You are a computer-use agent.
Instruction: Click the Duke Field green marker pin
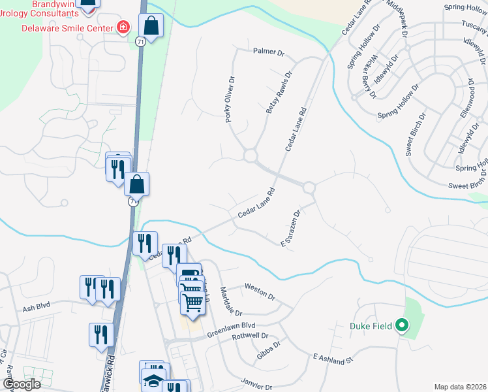click(x=403, y=323)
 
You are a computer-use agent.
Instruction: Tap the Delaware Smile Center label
click(x=67, y=27)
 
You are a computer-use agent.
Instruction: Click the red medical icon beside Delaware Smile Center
click(x=122, y=27)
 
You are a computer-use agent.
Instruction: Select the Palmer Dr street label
click(x=269, y=51)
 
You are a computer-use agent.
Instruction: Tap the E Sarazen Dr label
click(x=290, y=228)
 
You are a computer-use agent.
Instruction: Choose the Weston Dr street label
click(x=260, y=290)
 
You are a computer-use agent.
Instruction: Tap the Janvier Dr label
click(x=256, y=387)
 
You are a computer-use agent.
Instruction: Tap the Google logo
click(x=21, y=384)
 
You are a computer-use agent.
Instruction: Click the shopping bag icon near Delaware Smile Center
click(x=151, y=27)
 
